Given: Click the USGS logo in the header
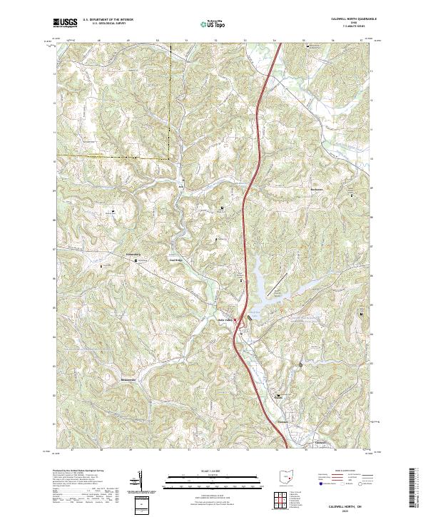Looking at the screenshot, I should click(x=66, y=24).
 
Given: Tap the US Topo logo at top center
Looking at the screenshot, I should click(x=211, y=24).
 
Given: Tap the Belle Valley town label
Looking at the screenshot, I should click(x=226, y=319).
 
